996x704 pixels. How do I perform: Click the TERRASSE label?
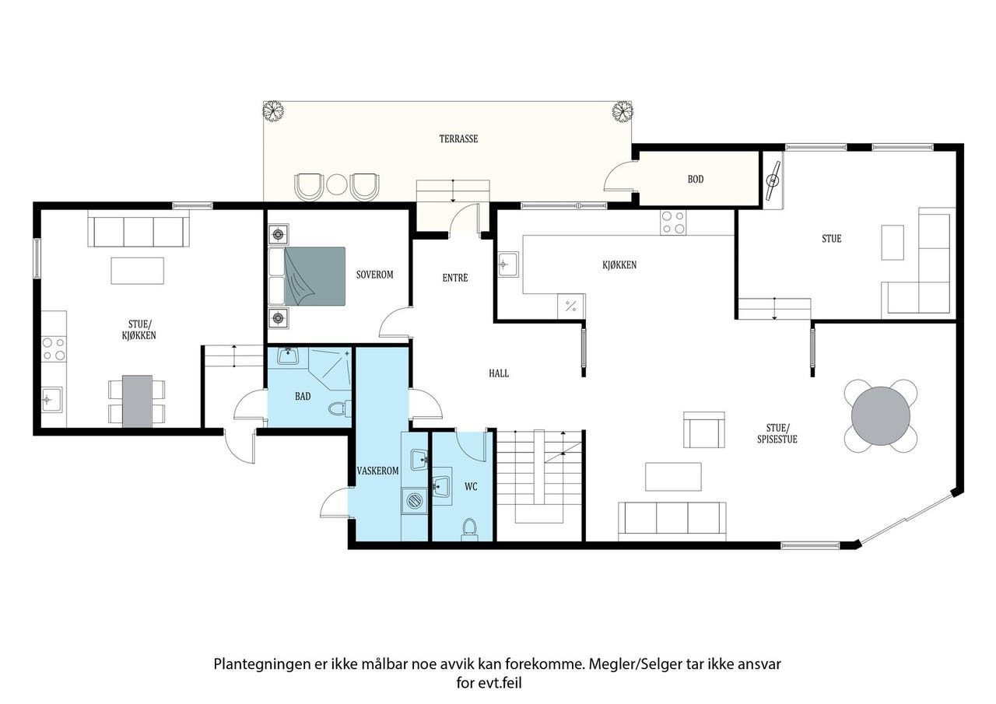tap(458, 138)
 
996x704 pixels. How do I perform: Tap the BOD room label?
tap(696, 179)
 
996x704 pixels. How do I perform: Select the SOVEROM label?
tap(374, 275)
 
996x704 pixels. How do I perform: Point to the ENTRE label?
tap(455, 278)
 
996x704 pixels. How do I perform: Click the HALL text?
tap(499, 373)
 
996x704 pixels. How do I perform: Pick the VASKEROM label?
tap(377, 471)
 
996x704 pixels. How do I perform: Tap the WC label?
tap(471, 487)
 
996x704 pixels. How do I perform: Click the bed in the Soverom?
tap(307, 276)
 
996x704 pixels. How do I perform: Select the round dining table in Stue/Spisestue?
tap(880, 416)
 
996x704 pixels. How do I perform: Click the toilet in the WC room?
tap(469, 529)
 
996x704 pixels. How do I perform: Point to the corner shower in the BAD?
tap(329, 369)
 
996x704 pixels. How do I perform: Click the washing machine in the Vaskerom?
tap(415, 501)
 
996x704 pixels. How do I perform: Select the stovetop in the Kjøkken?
tap(673, 222)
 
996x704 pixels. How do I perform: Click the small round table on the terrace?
tap(337, 184)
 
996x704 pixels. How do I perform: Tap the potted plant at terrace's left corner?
tap(272, 110)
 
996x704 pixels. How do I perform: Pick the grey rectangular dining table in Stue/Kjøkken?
tap(137, 401)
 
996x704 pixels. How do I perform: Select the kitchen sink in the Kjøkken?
tap(508, 264)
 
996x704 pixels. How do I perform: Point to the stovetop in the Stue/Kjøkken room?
tap(54, 349)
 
